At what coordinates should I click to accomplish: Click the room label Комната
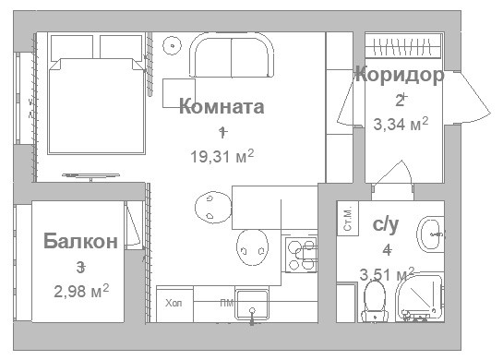222,106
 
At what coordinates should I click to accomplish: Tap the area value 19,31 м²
222,156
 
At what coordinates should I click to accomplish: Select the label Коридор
399,75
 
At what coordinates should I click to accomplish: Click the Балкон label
80,242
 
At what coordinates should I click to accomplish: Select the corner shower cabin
421,299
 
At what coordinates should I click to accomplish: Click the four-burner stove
301,254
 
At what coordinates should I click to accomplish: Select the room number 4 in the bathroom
387,249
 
